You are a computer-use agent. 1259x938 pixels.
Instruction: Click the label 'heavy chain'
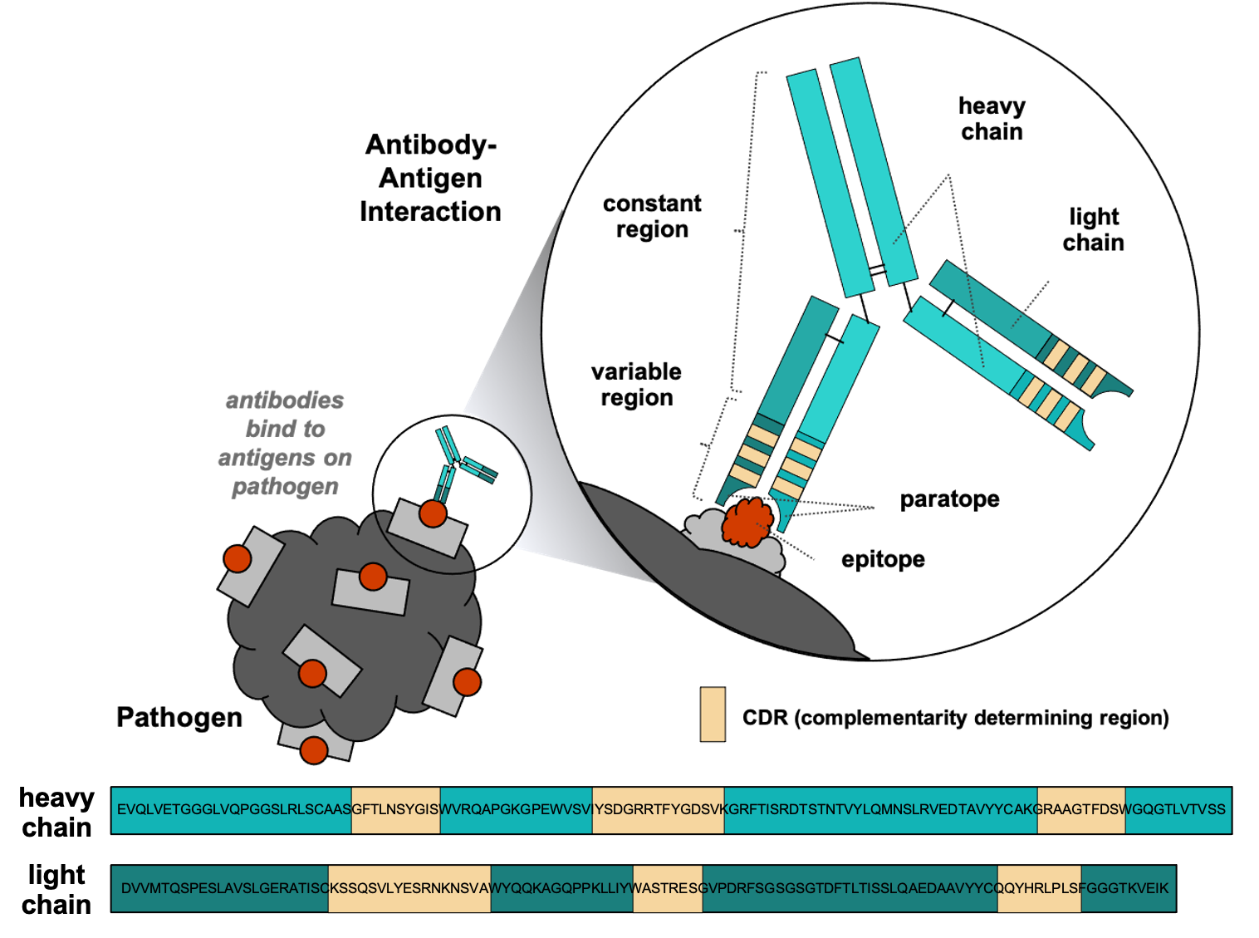[x=992, y=119]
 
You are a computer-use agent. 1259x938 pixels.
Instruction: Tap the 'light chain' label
[x=1093, y=230]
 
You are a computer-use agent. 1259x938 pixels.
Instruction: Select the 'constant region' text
[x=652, y=216]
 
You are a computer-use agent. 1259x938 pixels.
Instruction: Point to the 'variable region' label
[x=636, y=385]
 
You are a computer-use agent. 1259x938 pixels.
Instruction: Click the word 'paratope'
[x=949, y=499]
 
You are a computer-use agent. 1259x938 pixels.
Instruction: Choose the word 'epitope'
[x=883, y=559]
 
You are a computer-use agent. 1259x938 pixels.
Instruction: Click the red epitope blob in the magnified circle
[x=747, y=523]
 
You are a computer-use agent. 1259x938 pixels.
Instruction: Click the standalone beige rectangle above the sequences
[x=713, y=714]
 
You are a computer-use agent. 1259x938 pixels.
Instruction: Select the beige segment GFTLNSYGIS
[x=395, y=809]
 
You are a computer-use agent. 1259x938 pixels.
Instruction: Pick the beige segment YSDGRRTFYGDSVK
[x=658, y=809]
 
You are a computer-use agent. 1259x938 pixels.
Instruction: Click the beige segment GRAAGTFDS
[x=1081, y=809]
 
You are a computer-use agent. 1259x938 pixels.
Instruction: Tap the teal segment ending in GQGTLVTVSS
[x=1178, y=809]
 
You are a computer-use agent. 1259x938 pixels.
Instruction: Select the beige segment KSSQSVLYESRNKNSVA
[x=409, y=888]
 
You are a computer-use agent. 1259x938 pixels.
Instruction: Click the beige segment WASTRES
[x=667, y=888]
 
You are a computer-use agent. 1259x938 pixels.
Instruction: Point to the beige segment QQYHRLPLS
[x=1039, y=888]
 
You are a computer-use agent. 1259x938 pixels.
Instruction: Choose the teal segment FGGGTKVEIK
[x=1128, y=888]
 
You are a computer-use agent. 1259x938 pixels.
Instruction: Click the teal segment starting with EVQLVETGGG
[x=232, y=809]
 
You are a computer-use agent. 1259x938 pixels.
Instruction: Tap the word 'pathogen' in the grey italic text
[x=285, y=487]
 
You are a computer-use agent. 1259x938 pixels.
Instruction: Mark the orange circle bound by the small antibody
[x=433, y=513]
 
